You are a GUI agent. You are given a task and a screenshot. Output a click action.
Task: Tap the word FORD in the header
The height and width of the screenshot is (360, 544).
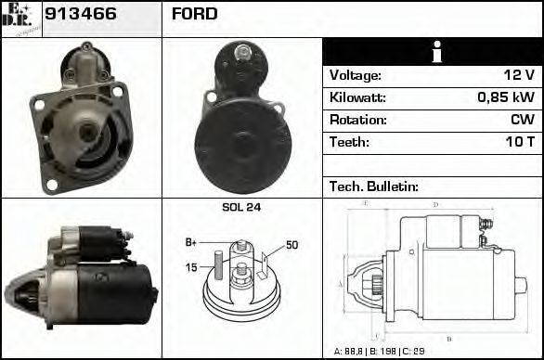pos(194,14)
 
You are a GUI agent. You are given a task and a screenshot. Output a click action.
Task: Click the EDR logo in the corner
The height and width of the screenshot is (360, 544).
pos(21,17)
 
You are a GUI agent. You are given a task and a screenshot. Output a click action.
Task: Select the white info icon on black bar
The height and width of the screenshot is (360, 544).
pos(434,52)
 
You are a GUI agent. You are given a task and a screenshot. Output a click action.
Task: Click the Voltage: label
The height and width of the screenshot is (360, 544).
pos(355,75)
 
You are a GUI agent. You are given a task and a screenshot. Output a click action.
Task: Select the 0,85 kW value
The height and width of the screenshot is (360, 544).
pos(505,97)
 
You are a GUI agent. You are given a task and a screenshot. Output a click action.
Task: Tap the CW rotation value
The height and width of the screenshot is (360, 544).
pos(521,120)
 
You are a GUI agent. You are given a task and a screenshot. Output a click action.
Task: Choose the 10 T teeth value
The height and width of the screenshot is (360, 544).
pos(518,142)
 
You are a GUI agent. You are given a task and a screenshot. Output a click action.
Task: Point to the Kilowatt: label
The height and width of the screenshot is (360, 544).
pos(357,97)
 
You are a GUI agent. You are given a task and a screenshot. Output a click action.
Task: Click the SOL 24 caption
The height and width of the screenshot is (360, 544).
pos(241,207)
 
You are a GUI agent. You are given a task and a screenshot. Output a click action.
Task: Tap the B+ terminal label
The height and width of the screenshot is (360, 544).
pos(191,242)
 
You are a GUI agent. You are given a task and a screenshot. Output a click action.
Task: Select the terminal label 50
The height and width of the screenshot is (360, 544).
pos(291,245)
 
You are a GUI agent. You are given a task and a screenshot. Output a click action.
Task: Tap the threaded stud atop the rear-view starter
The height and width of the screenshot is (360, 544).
pos(242,53)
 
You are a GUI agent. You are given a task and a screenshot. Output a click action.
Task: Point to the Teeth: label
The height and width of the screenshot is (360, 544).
pos(349,142)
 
